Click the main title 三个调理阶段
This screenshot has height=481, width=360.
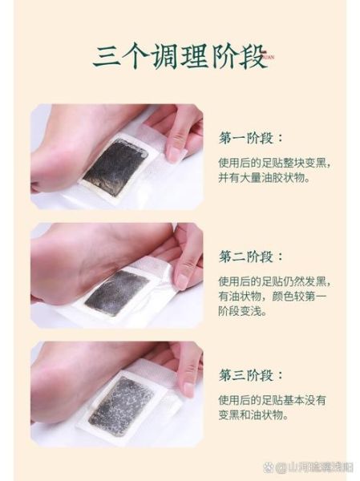180,55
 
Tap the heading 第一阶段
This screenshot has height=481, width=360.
251,138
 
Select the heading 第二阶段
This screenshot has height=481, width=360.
251,257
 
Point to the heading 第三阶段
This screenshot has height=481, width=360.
251,375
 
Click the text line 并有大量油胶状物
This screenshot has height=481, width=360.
265,179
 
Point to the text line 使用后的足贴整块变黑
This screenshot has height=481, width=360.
273,161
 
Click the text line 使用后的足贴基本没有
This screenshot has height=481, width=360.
272,399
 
